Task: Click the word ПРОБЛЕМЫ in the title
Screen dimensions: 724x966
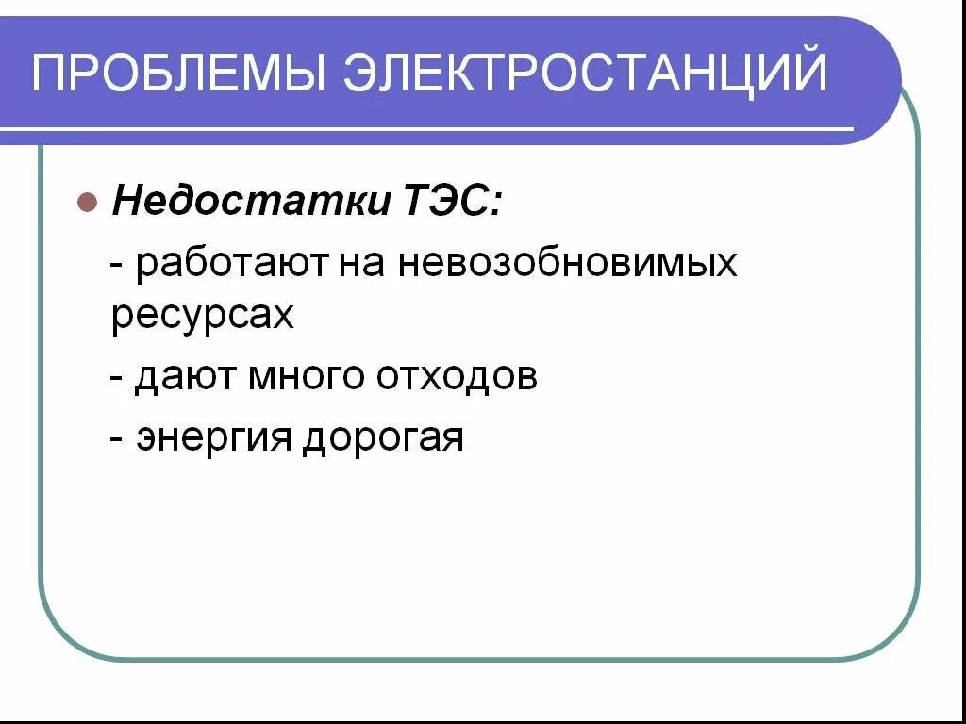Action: tap(176, 73)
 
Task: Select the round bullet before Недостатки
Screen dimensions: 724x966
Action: tap(86, 202)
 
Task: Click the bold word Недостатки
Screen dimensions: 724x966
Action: tap(248, 201)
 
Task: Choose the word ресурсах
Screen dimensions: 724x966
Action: tap(203, 316)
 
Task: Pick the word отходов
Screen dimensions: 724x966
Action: tap(458, 376)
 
